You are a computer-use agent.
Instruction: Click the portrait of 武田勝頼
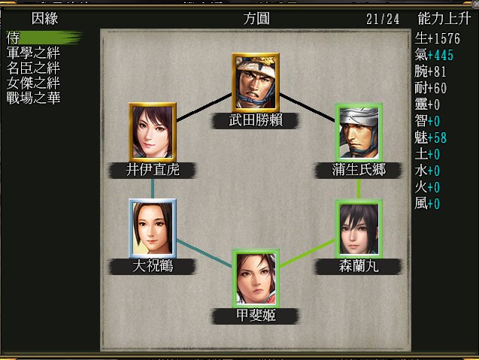tap(256, 81)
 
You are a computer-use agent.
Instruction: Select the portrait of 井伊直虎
tap(153, 131)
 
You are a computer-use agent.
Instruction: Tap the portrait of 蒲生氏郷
tap(359, 131)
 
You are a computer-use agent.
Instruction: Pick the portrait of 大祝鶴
tap(153, 227)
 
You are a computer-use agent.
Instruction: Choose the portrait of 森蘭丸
tap(359, 227)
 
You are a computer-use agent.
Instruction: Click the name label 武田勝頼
tap(256, 119)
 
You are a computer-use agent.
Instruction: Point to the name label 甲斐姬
tap(256, 315)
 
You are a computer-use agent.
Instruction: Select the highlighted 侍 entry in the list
tap(14, 37)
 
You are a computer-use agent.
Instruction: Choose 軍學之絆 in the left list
tap(33, 53)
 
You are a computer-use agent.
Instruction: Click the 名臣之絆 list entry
tap(33, 68)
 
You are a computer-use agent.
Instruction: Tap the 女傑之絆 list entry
tap(33, 83)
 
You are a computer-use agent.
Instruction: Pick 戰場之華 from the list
tap(33, 98)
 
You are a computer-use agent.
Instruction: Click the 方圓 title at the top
tap(256, 19)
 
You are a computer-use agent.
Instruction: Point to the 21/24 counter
tap(383, 19)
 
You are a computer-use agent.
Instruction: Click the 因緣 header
tap(45, 19)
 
